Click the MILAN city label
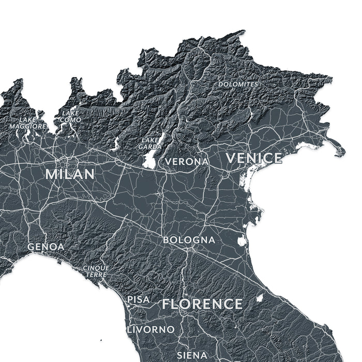[x=70, y=174]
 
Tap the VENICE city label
[x=254, y=158]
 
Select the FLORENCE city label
[x=202, y=304]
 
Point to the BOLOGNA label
[x=189, y=240]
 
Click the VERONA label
[x=187, y=162]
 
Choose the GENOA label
[x=46, y=247]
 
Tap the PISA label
[x=138, y=299]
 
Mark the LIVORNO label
[x=150, y=329]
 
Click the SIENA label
[x=192, y=355]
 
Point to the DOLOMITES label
[x=238, y=84]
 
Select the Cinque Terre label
[x=96, y=271]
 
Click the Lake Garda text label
[x=150, y=143]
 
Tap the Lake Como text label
[x=70, y=116]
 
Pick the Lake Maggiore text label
[x=27, y=123]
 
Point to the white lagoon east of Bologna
[x=242, y=240]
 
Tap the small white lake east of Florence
[x=259, y=298]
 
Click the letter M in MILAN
[x=51, y=174]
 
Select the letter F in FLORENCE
[x=167, y=304]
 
